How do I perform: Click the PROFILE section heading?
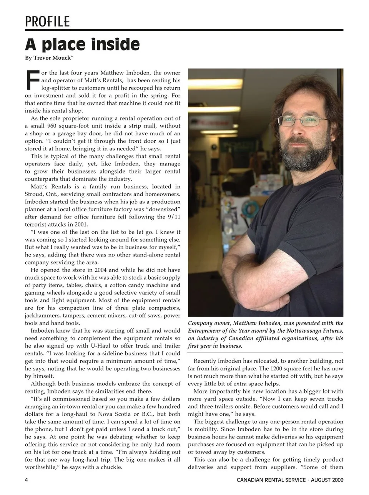(47, 22)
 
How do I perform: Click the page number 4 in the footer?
(27, 480)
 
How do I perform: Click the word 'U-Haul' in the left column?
(109, 346)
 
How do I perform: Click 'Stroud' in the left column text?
(34, 194)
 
